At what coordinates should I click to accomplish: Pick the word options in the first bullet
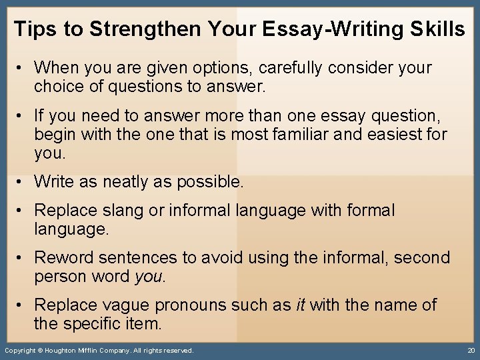point(223,68)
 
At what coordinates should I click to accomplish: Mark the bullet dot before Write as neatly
point(22,181)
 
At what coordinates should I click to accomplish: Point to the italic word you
point(149,276)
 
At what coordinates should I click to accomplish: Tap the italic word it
point(299,305)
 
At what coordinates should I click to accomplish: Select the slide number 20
point(471,351)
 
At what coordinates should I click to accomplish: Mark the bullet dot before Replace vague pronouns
point(22,305)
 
